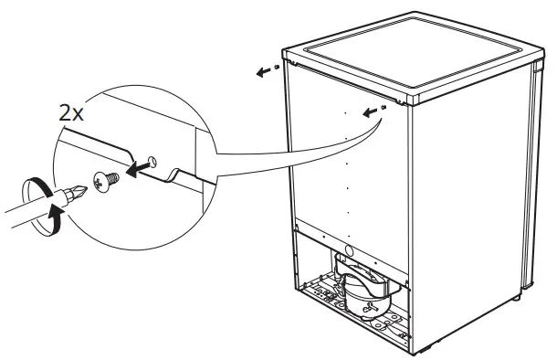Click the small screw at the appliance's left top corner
pos(276,69)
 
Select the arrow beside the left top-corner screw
pos(263,72)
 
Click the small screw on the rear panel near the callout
pos(385,107)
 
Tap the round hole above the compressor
pos(348,253)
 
